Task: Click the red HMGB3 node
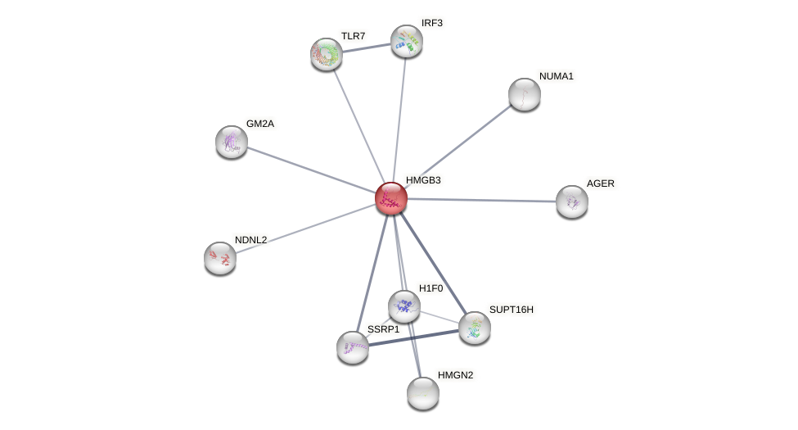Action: point(391,198)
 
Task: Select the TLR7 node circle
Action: point(327,54)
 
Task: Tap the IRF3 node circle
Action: point(407,41)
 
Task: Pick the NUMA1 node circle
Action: point(525,94)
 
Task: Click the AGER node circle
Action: point(572,201)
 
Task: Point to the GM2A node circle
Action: point(232,142)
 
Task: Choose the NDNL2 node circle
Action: point(220,258)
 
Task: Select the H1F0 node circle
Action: point(404,306)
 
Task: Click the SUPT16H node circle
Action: point(475,328)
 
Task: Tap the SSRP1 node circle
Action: point(353,347)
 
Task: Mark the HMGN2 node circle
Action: point(423,393)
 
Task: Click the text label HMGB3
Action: point(423,180)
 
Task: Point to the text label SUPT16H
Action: point(511,310)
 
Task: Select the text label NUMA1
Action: point(557,76)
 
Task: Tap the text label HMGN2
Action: point(455,375)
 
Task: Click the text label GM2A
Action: point(260,124)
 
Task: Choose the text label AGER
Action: point(600,183)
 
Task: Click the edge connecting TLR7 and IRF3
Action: point(366,48)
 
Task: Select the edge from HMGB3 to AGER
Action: point(483,200)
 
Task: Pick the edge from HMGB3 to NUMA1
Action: point(458,146)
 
